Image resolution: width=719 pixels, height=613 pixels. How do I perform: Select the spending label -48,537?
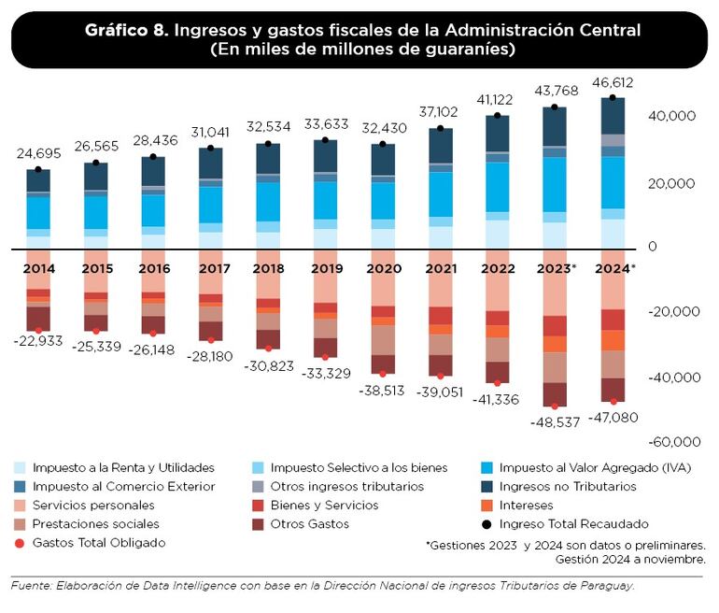pos(555,421)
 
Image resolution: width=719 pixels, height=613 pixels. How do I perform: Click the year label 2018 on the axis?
pos(268,268)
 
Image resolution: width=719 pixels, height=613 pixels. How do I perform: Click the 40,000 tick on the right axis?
pos(670,116)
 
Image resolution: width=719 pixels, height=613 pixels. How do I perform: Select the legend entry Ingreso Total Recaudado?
pos(574,523)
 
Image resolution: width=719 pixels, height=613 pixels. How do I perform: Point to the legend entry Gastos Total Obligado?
pos(98,542)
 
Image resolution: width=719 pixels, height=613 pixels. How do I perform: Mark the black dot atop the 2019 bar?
pos(325,141)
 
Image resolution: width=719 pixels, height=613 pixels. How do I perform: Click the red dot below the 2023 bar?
pos(555,406)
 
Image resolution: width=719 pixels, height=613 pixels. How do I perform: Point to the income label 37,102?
pos(440,111)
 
